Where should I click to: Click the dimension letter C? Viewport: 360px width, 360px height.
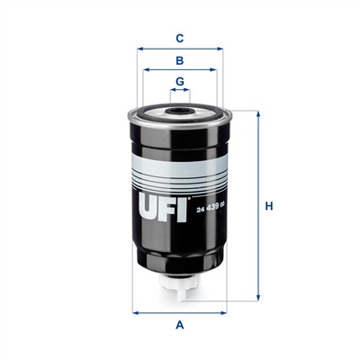[x=180, y=38]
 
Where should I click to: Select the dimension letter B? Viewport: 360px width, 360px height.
[x=180, y=61]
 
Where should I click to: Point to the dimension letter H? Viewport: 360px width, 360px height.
[x=268, y=209]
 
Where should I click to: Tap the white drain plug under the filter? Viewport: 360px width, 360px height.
[x=180, y=286]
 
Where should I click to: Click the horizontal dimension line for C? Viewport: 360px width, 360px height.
[x=180, y=49]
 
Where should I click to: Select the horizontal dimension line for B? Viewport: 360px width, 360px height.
[x=180, y=72]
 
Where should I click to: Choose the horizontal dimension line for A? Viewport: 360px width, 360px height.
[x=180, y=312]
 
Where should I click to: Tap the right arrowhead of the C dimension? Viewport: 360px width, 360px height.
[x=221, y=49]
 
